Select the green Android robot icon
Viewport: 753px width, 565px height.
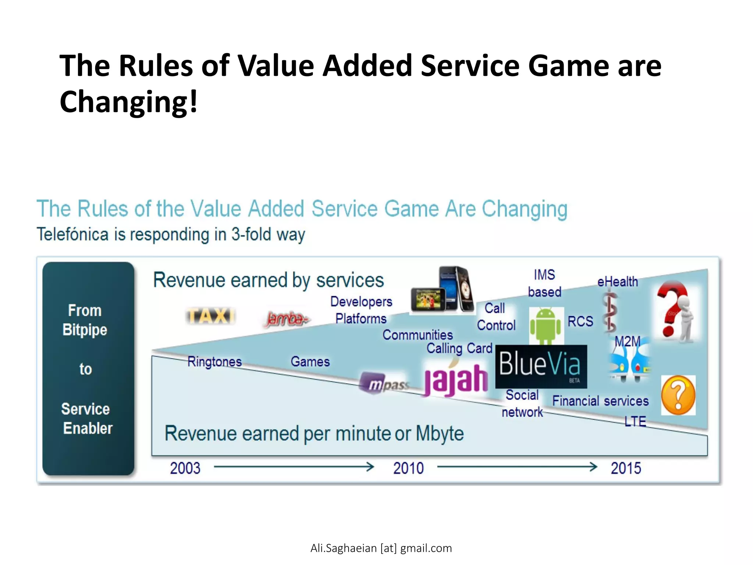[546, 325]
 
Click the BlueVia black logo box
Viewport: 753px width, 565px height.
[541, 366]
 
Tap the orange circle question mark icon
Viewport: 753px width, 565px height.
[678, 395]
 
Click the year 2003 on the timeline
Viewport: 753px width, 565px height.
[185, 468]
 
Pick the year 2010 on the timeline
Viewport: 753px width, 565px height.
[408, 468]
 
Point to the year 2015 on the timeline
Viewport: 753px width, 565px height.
[626, 468]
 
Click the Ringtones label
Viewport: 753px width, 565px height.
[214, 362]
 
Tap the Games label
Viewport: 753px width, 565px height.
[310, 362]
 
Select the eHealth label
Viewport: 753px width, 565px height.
[617, 282]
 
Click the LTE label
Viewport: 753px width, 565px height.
[635, 421]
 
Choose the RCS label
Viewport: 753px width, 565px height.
[580, 321]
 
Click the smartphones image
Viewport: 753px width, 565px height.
[443, 290]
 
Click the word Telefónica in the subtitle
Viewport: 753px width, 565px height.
[72, 234]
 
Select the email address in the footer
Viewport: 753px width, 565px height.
[381, 548]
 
